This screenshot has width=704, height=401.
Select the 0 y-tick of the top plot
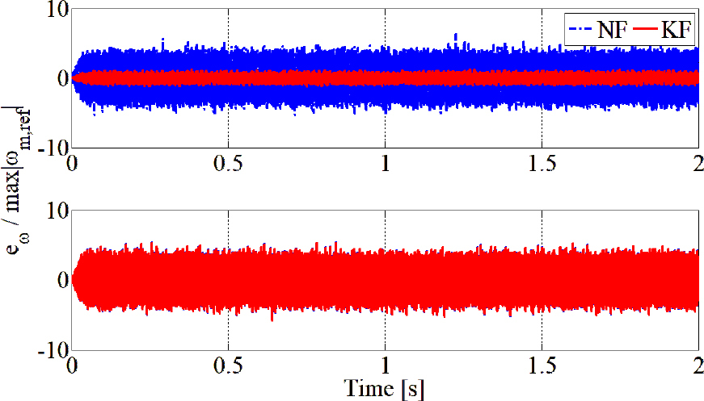(x=61, y=78)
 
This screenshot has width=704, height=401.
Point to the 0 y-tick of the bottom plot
(x=61, y=280)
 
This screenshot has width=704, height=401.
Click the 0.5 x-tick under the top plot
(x=229, y=162)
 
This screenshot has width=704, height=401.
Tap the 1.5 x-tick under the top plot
(x=542, y=162)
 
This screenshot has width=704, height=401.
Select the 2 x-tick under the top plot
(x=698, y=162)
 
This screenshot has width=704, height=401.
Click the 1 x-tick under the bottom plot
(x=386, y=364)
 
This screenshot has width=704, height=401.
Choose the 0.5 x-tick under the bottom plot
(x=229, y=364)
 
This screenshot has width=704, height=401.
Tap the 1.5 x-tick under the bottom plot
(x=542, y=364)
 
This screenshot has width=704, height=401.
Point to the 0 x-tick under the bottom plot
(x=73, y=364)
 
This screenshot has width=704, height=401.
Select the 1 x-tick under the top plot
(x=386, y=162)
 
